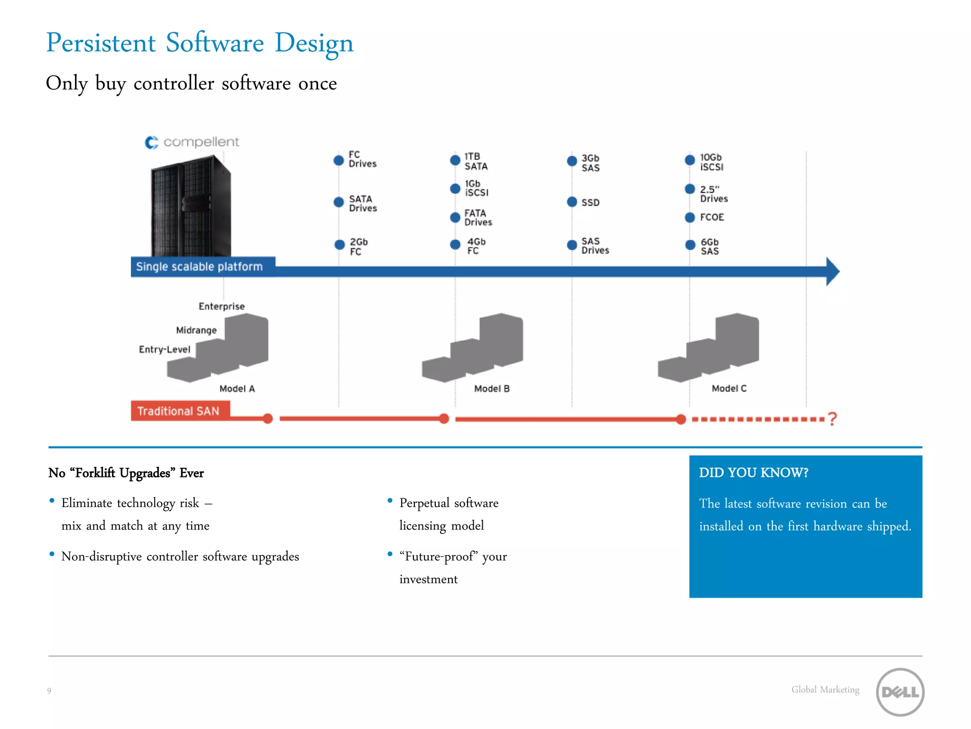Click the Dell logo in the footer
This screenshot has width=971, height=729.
900,692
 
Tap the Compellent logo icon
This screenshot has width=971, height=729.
151,142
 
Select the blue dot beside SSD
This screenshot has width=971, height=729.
572,202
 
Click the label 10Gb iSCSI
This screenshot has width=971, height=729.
712,162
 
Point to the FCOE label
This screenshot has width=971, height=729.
712,217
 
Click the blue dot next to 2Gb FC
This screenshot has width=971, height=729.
339,245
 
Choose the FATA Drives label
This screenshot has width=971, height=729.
478,218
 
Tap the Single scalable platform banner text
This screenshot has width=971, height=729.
199,267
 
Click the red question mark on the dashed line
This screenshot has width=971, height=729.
832,419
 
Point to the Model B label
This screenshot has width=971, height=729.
492,389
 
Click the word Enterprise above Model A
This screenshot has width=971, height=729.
221,307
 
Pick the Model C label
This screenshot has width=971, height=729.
729,389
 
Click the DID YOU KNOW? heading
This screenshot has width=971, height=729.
753,473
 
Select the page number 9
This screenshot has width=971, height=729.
49,691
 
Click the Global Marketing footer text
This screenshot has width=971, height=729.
825,690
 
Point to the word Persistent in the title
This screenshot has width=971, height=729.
101,43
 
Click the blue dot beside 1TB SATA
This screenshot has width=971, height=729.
455,160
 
